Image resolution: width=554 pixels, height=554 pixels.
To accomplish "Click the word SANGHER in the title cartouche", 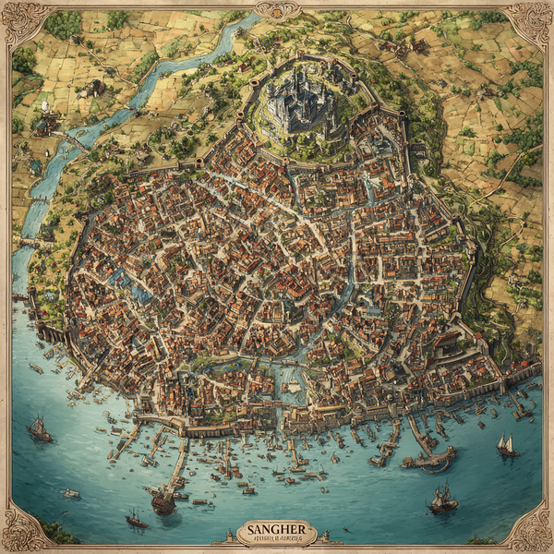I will pyautogui.click(x=277, y=529).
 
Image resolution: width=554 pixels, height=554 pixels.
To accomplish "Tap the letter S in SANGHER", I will pyautogui.click(x=250, y=529).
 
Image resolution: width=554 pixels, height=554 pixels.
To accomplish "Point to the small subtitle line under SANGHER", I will pyautogui.click(x=277, y=538).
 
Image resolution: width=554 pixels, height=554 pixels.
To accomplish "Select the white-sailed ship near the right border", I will pyautogui.click(x=506, y=446).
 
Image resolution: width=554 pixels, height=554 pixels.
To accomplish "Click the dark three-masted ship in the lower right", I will pyautogui.click(x=442, y=500).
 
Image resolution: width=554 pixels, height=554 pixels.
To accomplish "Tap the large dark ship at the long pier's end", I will pyautogui.click(x=163, y=500).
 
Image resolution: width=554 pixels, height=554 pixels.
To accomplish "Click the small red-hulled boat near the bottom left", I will pyautogui.click(x=136, y=522).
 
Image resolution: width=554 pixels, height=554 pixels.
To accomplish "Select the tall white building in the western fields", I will pyautogui.click(x=43, y=109).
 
